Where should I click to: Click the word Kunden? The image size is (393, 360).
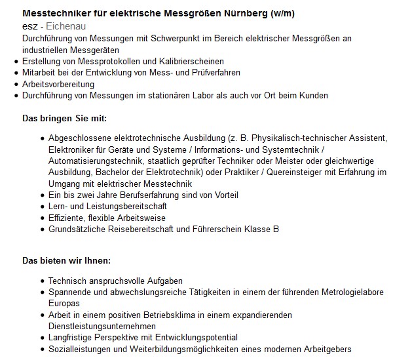312,95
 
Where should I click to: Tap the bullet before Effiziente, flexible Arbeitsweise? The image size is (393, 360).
43,218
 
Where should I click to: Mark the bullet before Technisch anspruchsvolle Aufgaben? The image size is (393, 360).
43,281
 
